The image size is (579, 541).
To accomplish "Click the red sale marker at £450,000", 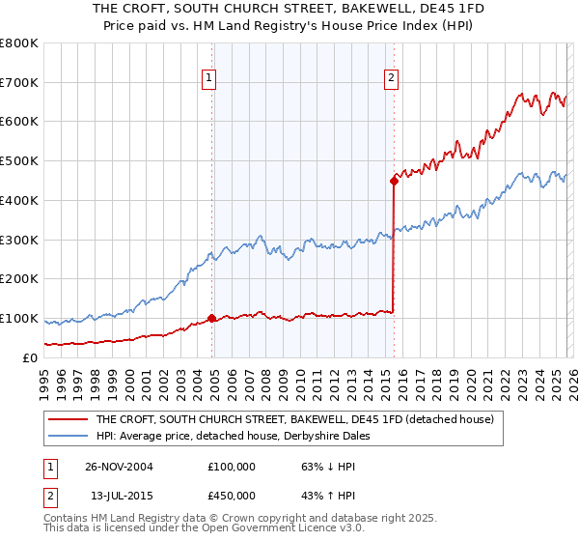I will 394,180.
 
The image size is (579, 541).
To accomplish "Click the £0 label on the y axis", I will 29,357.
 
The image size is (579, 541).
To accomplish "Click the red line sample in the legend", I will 69,419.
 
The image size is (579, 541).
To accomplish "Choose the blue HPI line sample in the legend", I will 69,436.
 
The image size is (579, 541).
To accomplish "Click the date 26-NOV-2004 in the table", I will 120,466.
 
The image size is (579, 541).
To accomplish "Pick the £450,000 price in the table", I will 232,496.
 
